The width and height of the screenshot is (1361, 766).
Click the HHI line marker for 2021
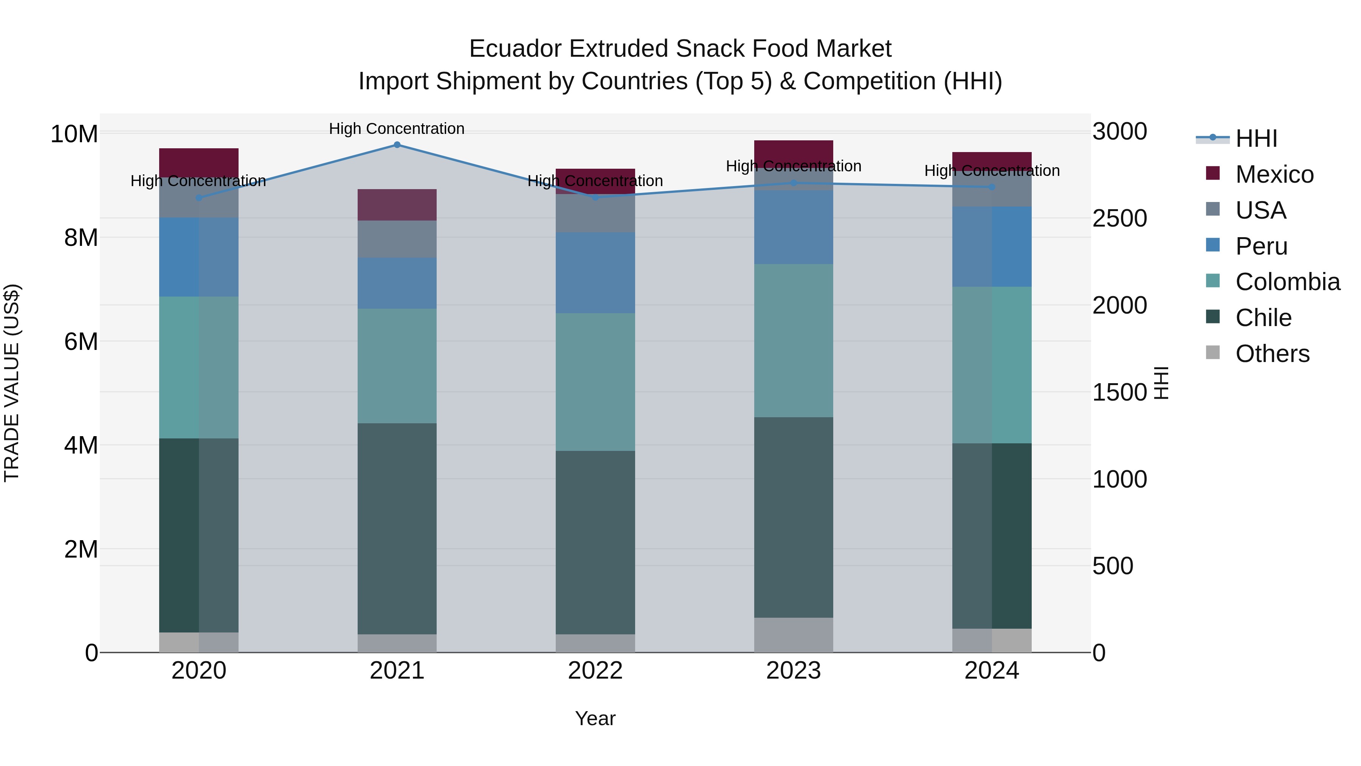click(x=397, y=145)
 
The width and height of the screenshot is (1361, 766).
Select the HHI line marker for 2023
click(x=793, y=183)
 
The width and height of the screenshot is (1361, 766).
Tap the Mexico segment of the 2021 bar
click(x=397, y=205)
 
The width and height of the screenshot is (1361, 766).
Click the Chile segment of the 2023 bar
click(x=793, y=517)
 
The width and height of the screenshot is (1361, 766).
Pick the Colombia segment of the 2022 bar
click(x=595, y=382)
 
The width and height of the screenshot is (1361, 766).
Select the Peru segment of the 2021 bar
click(x=397, y=283)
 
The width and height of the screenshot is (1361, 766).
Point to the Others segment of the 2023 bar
click(x=793, y=634)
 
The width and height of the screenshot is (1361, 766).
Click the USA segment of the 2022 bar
click(x=595, y=214)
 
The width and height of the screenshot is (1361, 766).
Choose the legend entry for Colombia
click(x=1287, y=282)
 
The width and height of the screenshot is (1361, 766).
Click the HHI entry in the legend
click(x=1256, y=138)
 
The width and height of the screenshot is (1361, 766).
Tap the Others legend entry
click(x=1272, y=354)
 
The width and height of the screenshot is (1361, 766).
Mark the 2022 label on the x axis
click(x=595, y=671)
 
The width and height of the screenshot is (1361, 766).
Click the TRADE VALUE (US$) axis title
click(x=12, y=383)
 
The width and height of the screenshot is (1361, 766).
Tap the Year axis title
click(x=595, y=718)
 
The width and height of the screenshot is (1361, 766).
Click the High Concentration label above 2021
click(x=397, y=129)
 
